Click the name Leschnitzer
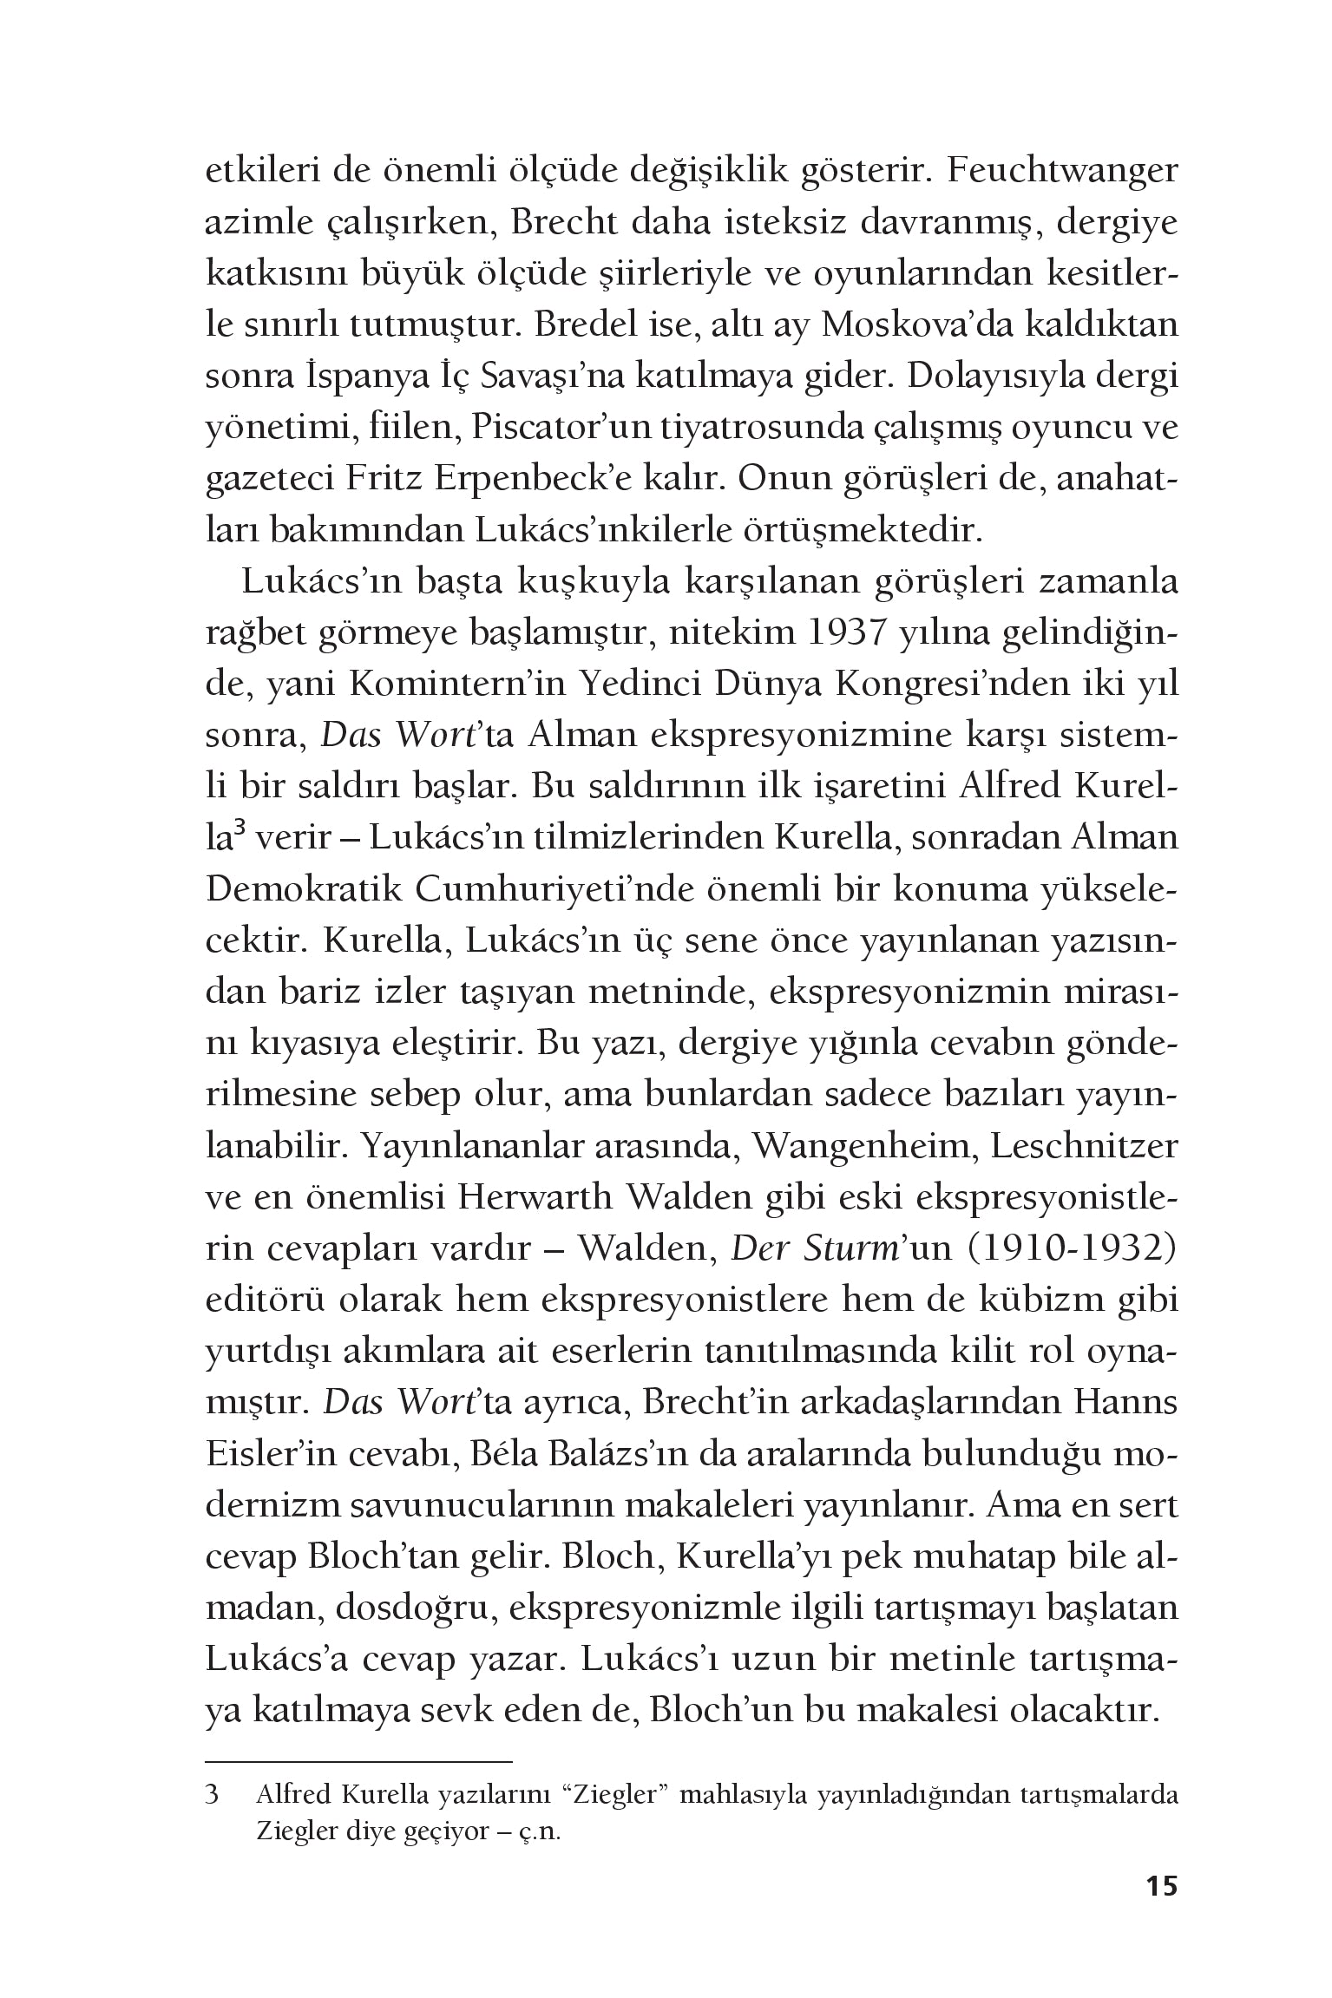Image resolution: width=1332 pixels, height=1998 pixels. click(1085, 1146)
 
